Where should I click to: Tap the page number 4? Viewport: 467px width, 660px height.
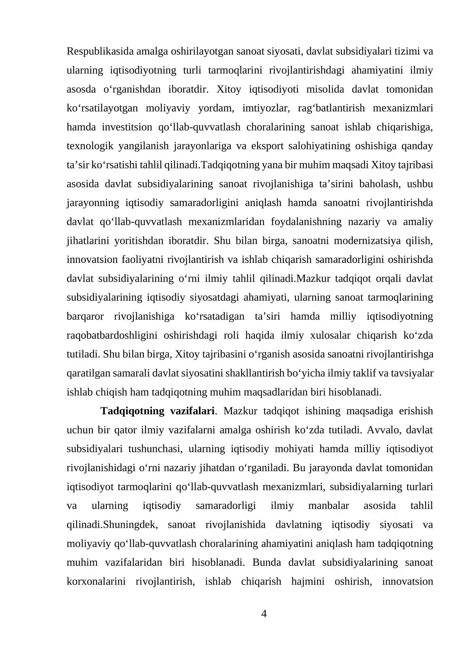click(264, 614)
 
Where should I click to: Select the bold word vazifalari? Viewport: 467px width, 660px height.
click(192, 411)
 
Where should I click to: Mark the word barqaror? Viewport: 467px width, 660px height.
click(85, 317)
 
